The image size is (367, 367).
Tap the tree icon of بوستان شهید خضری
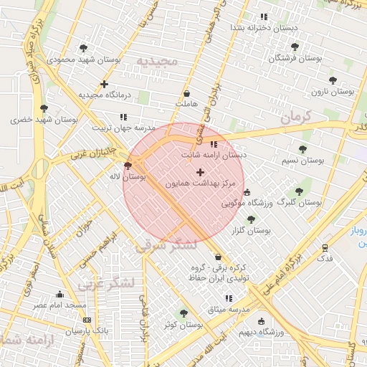[44, 108]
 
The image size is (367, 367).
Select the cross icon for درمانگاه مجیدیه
[105, 84]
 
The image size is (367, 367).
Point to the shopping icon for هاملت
[187, 93]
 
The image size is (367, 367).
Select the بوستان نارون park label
[333, 92]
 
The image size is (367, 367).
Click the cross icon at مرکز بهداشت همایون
[200, 172]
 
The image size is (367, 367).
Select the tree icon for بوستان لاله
[128, 166]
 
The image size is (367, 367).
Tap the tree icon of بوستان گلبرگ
[299, 191]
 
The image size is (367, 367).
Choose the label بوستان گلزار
[251, 231]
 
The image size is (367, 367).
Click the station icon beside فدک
[325, 247]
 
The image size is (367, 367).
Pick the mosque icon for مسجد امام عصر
[59, 294]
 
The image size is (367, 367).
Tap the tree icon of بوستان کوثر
[183, 313]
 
